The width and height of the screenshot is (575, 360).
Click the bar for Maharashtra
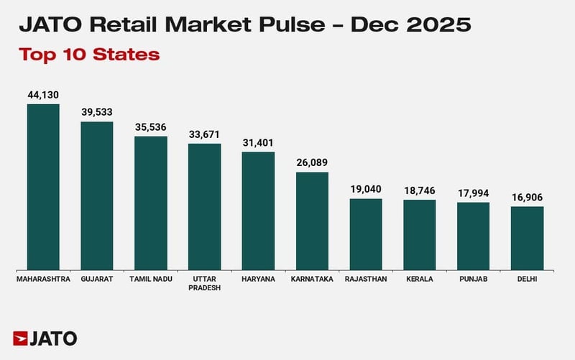(43, 187)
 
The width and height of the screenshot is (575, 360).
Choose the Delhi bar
(527, 238)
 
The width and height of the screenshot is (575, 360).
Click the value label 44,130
(43, 95)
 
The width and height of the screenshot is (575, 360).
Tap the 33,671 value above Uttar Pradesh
(204, 134)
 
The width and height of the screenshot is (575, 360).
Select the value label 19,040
(366, 190)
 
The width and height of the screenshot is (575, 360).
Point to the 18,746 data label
(420, 190)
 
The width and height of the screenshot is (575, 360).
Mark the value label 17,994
(473, 193)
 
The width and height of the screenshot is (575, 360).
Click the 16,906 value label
(527, 198)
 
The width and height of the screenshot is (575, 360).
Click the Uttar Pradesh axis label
(204, 283)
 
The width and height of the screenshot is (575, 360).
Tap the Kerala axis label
(420, 279)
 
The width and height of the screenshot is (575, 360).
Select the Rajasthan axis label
(366, 279)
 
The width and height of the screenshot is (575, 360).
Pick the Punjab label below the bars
(473, 279)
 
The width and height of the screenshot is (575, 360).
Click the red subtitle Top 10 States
(89, 55)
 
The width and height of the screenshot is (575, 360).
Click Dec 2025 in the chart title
(409, 26)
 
